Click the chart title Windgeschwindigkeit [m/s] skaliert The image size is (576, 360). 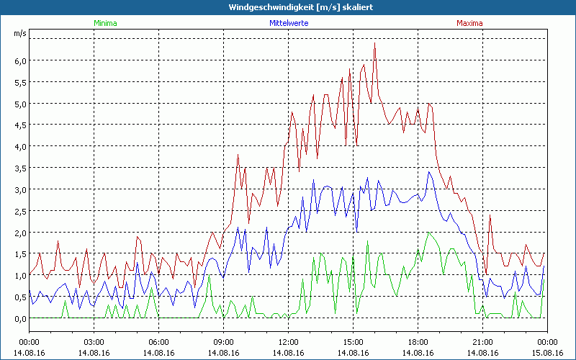pyautogui.click(x=287, y=7)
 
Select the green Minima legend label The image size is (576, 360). pyautogui.click(x=105, y=23)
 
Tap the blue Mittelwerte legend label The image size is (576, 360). pyautogui.click(x=288, y=23)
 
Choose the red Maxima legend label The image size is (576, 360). pyautogui.click(x=469, y=23)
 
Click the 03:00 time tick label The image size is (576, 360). pyautogui.click(x=94, y=342)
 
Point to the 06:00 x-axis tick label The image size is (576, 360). pyautogui.click(x=158, y=342)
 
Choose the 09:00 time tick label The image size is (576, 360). pyautogui.click(x=223, y=342)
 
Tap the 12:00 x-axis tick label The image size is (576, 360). pyautogui.click(x=288, y=342)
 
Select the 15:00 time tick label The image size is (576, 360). pyautogui.click(x=353, y=342)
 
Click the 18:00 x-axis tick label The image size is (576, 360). pyautogui.click(x=418, y=342)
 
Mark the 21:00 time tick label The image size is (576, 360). pyautogui.click(x=482, y=342)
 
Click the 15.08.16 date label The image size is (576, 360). pyautogui.click(x=546, y=353)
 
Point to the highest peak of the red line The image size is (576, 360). pyautogui.click(x=375, y=43)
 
